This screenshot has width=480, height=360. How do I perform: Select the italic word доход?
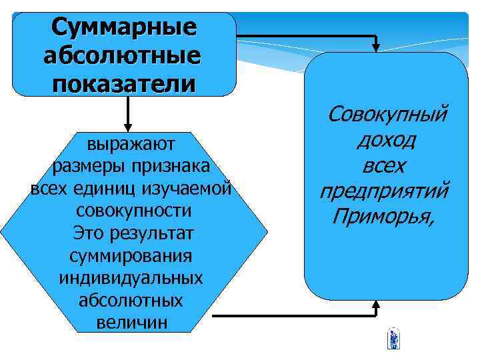387,141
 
